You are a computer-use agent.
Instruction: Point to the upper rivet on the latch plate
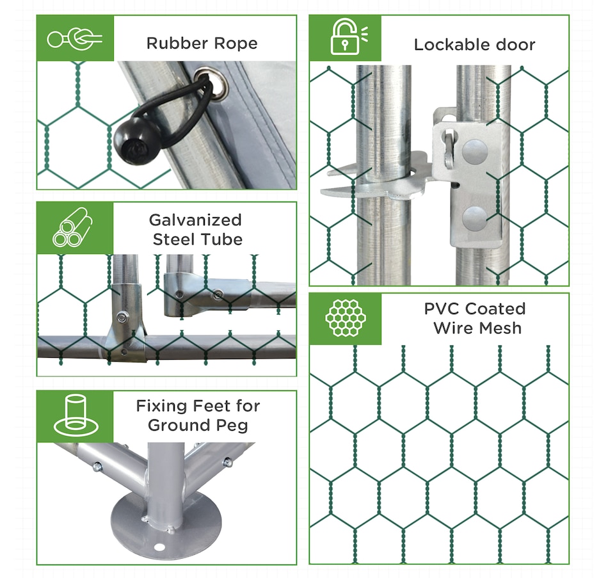[x=475, y=152]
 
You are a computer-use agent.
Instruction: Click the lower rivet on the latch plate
[x=474, y=218]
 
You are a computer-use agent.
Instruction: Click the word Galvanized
[x=195, y=220]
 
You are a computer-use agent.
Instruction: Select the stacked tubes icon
[x=72, y=227]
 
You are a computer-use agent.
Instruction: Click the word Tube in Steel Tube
[x=224, y=239]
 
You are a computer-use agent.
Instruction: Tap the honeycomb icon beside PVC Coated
[x=346, y=317]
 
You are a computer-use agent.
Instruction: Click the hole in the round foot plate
[x=159, y=547]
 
